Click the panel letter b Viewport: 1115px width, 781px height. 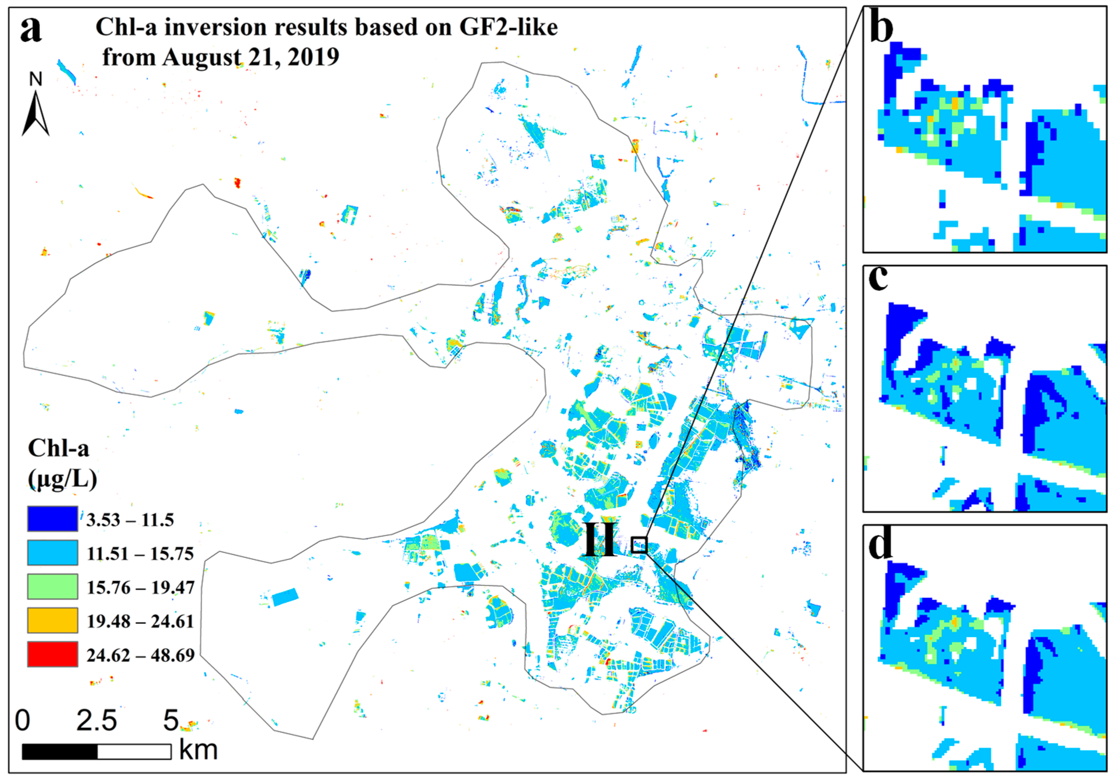point(881,29)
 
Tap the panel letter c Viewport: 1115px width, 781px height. point(878,279)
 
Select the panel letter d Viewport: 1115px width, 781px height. point(880,545)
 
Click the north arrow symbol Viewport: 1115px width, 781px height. point(35,114)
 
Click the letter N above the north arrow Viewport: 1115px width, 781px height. point(36,79)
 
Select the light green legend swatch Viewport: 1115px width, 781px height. point(52,587)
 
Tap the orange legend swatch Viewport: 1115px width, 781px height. point(52,621)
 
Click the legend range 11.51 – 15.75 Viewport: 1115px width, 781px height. point(140,554)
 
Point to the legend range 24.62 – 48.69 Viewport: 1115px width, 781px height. point(140,655)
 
